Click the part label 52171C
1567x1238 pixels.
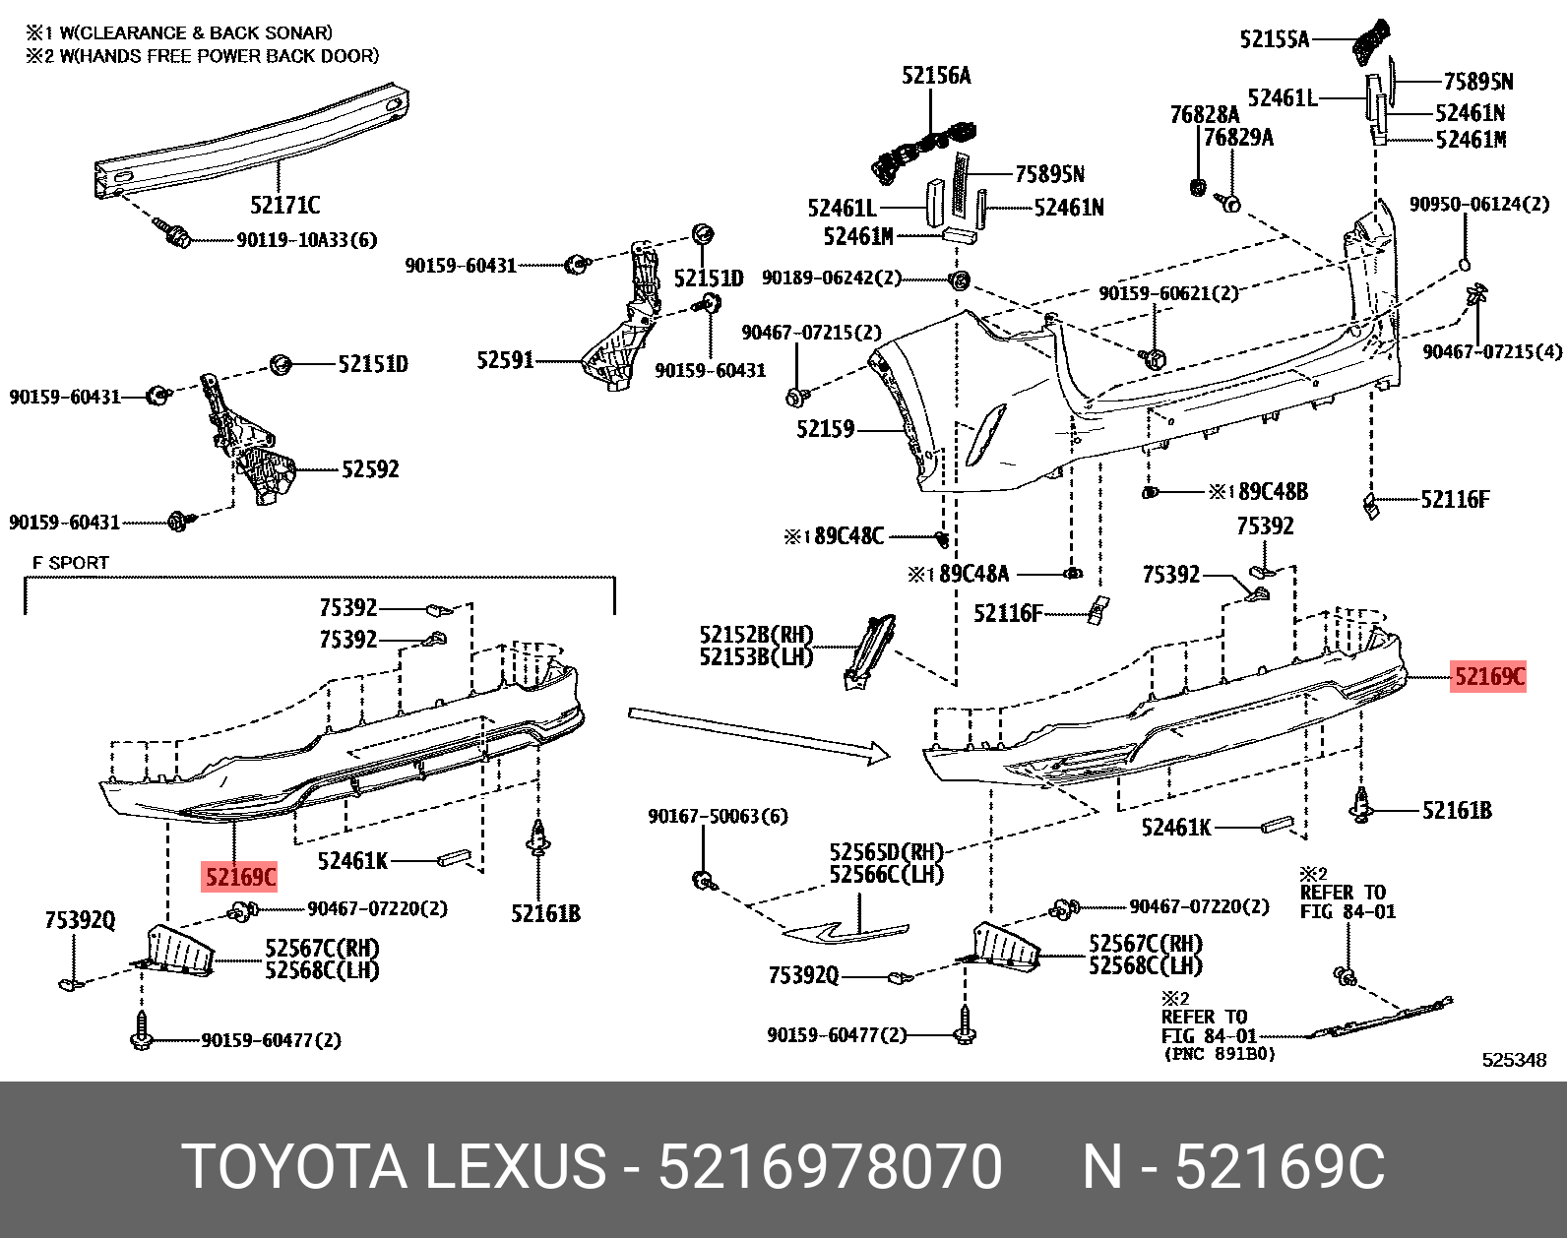(x=284, y=206)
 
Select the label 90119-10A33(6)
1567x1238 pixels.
(x=306, y=239)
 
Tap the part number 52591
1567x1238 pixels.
(x=505, y=361)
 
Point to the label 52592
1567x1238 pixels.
(x=370, y=469)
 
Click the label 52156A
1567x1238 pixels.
(x=936, y=76)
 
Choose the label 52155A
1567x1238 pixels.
(x=1275, y=39)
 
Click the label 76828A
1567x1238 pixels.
(x=1205, y=115)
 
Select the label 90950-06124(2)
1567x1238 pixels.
(x=1479, y=204)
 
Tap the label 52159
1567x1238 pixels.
(x=825, y=429)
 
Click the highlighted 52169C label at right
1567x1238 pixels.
(x=1488, y=676)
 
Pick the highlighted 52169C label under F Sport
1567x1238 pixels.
(x=240, y=876)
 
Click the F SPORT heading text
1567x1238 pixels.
(x=71, y=563)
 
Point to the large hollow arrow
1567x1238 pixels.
(x=758, y=733)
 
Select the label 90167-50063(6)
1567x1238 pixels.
(x=718, y=816)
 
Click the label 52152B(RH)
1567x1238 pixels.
(x=756, y=635)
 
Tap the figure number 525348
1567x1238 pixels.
(x=1514, y=1060)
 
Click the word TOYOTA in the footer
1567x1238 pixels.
(x=294, y=1167)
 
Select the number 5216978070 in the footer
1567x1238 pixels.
(x=830, y=1167)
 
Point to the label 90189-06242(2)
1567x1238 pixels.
(x=832, y=278)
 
